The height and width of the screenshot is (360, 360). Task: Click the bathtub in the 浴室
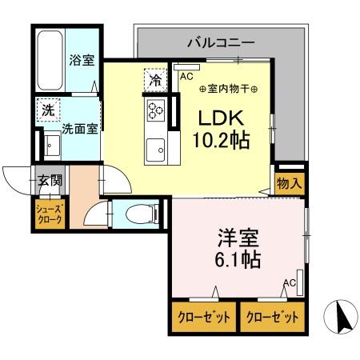pyautogui.click(x=50, y=60)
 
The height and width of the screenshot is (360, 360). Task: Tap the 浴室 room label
pyautogui.click(x=82, y=60)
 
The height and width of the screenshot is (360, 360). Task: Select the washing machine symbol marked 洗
pyautogui.click(x=48, y=110)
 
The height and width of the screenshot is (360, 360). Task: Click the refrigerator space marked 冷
pyautogui.click(x=155, y=80)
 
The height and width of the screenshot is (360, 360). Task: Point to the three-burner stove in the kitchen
pyautogui.click(x=156, y=110)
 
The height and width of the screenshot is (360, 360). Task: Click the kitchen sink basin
pyautogui.click(x=155, y=150)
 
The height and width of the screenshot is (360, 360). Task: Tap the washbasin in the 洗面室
pyautogui.click(x=52, y=146)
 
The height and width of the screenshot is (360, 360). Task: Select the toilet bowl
pyautogui.click(x=142, y=214)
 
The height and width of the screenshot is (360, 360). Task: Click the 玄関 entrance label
pyautogui.click(x=50, y=180)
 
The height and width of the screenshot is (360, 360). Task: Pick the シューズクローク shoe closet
pyautogui.click(x=50, y=214)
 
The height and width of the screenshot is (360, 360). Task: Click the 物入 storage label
pyautogui.click(x=290, y=183)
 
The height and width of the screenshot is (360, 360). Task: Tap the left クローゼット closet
pyautogui.click(x=204, y=317)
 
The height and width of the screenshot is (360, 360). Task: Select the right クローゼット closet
pyautogui.click(x=273, y=317)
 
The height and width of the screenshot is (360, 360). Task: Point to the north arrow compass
pyautogui.click(x=341, y=317)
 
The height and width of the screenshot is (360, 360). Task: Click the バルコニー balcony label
pyautogui.click(x=221, y=42)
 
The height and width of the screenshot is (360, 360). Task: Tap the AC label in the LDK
pyautogui.click(x=186, y=77)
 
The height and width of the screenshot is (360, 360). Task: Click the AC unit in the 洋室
pyautogui.click(x=300, y=282)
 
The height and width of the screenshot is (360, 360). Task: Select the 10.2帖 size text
pyautogui.click(x=221, y=140)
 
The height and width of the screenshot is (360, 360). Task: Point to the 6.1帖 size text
pyautogui.click(x=238, y=259)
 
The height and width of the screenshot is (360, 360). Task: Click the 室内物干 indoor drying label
pyautogui.click(x=228, y=89)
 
